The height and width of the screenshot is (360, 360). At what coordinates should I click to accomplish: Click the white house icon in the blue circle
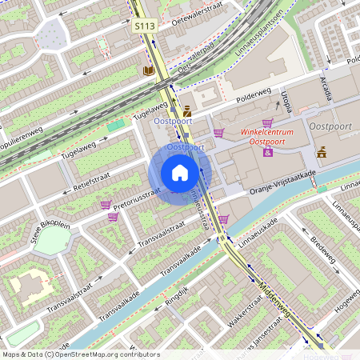pos(180,173)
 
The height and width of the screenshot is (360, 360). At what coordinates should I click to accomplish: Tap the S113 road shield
pos(143,26)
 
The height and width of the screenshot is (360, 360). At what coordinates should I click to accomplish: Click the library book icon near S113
pos(148,70)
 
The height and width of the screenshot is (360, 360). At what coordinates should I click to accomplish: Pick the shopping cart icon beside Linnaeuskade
pos(224,218)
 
